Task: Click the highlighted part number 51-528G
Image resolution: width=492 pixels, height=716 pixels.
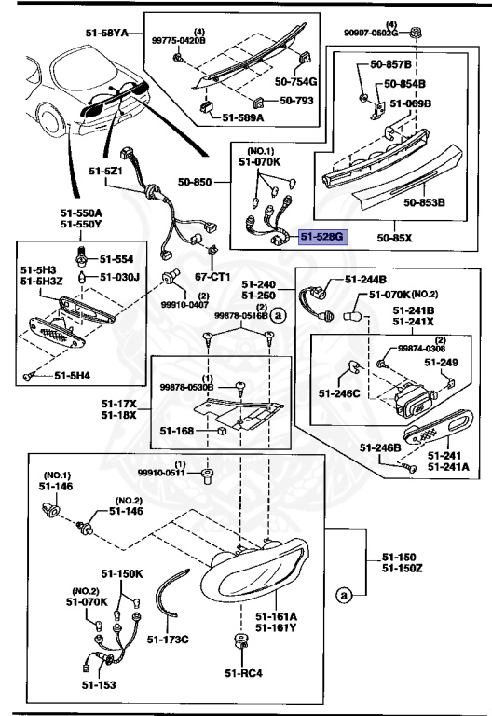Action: pos(321,239)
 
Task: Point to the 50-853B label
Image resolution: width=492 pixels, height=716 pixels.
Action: pos(424,200)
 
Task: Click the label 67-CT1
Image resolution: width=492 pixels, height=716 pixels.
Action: pos(213,277)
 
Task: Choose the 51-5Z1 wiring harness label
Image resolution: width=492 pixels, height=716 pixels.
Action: pos(108,172)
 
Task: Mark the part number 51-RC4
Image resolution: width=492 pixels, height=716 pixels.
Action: pos(244,672)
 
